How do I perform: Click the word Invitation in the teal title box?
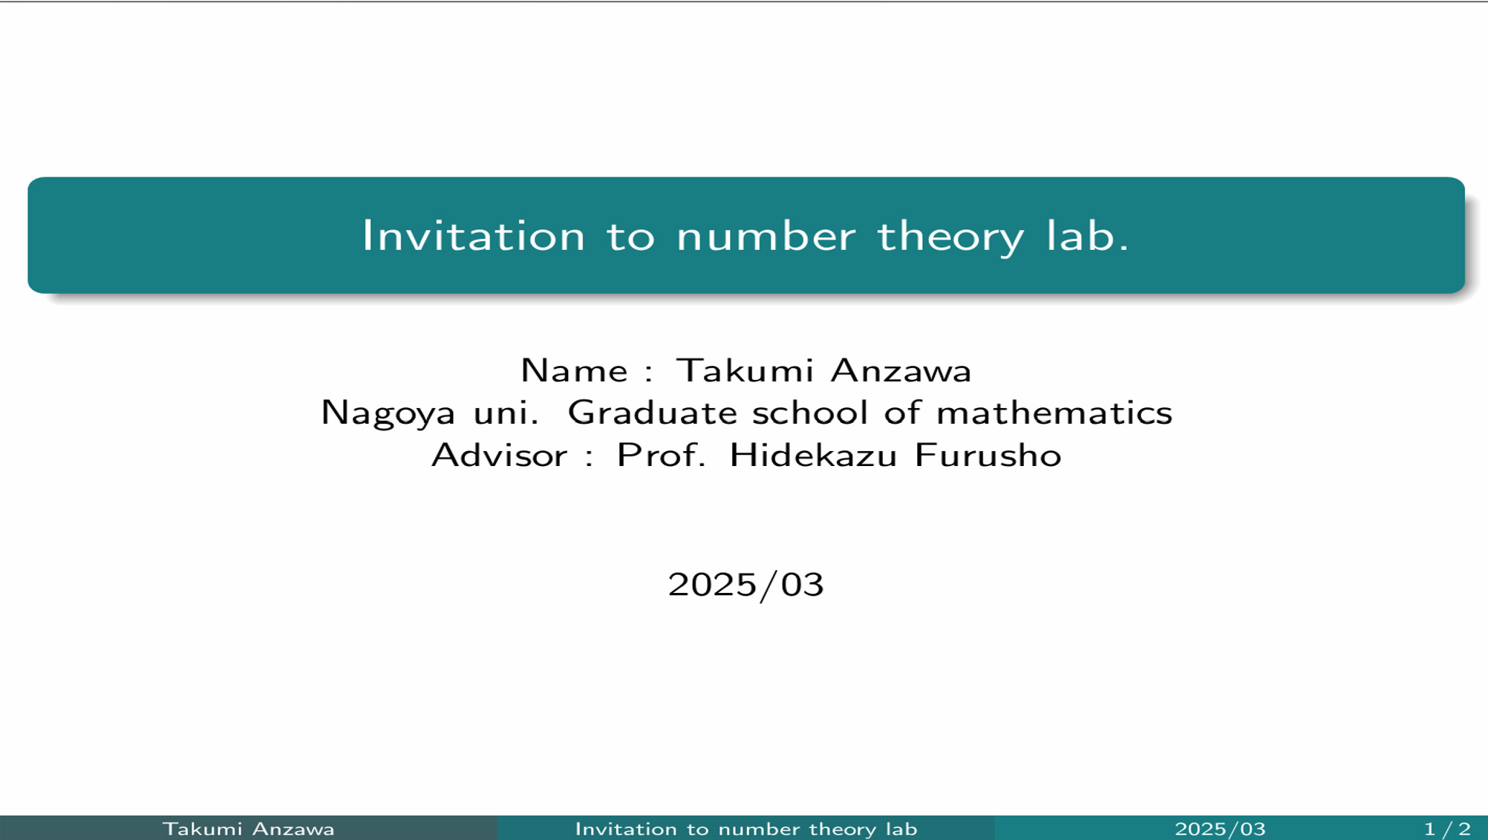tap(474, 236)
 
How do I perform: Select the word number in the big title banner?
tap(766, 236)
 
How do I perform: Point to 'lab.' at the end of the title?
tap(1087, 236)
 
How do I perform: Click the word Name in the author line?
tap(574, 370)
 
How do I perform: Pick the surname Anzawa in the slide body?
tap(901, 370)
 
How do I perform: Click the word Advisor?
tap(500, 455)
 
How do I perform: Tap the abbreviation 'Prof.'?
tap(662, 455)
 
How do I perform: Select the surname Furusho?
tap(988, 455)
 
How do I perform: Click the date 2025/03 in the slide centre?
tap(745, 585)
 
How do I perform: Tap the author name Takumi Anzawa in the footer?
tap(249, 829)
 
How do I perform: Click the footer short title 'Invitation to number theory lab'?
tap(746, 829)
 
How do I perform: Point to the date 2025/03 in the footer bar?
tap(1220, 829)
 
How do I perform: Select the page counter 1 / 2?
tap(1447, 829)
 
